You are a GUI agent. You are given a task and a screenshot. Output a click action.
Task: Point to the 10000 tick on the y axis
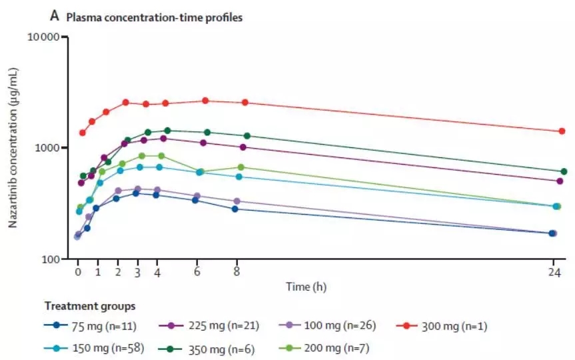[44, 37]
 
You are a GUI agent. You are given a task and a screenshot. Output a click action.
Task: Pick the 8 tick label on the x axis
[237, 273]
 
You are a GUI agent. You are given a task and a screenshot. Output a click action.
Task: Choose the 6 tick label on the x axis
[197, 273]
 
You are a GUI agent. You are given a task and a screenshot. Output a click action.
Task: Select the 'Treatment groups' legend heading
[90, 307]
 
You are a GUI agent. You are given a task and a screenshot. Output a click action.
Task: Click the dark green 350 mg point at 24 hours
[564, 171]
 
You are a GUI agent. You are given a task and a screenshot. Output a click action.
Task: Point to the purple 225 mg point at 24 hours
[560, 181]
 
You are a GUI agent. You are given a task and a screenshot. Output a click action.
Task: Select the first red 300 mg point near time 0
[83, 133]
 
